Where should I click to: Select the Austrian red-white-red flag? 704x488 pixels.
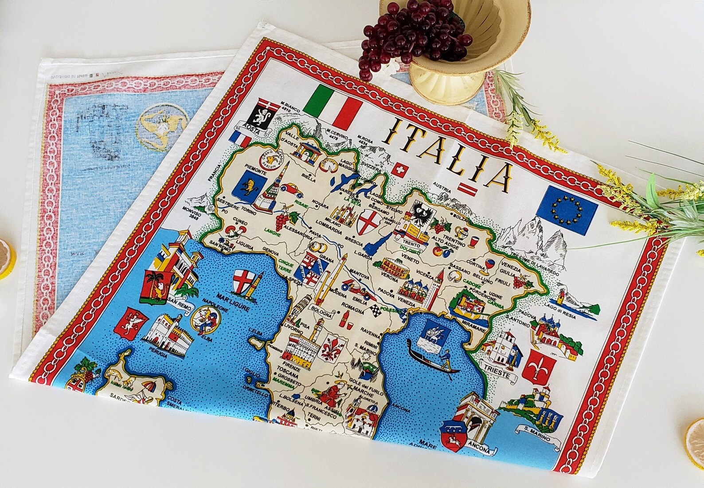pos(468,189)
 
